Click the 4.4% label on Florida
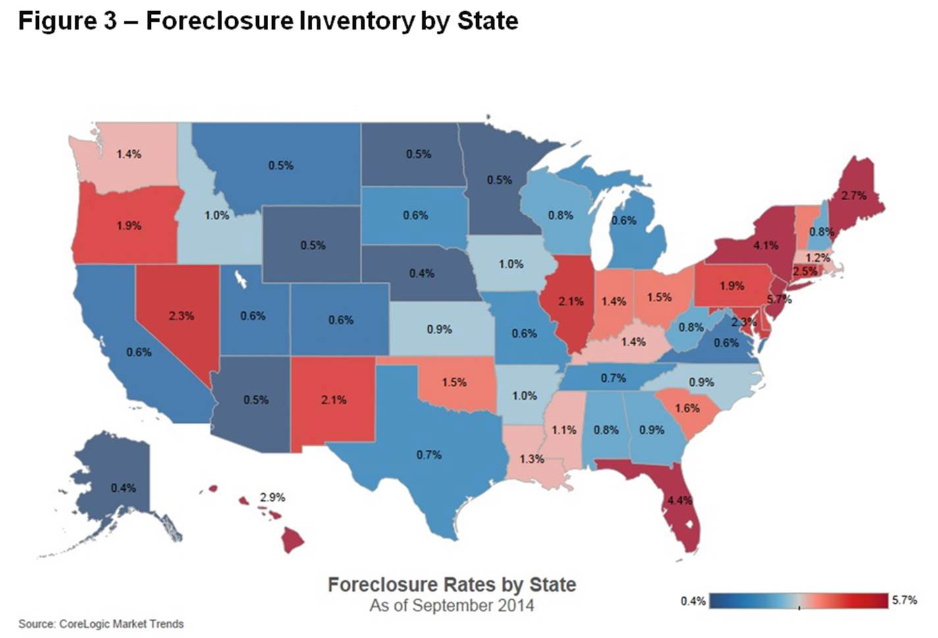pos(679,500)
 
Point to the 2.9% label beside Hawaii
pos(272,498)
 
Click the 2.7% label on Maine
pos(854,196)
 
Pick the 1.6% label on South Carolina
pos(687,408)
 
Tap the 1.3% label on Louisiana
pos(532,459)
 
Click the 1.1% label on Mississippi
pos(564,430)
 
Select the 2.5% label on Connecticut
pos(804,271)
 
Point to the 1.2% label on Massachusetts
pos(817,258)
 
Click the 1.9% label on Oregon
pos(129,226)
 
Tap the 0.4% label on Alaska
pos(123,488)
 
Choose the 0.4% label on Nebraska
pos(422,273)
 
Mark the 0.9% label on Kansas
pos(439,329)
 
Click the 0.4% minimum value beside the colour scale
pos(693,600)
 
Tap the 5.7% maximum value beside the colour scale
pos(904,600)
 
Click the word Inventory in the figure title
pos(356,21)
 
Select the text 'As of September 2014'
pos(451,606)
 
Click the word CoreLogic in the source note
pos(84,624)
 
